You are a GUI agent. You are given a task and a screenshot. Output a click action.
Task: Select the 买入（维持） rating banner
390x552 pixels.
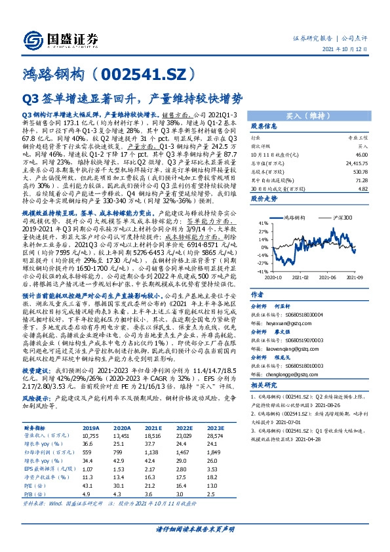click(x=304, y=114)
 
